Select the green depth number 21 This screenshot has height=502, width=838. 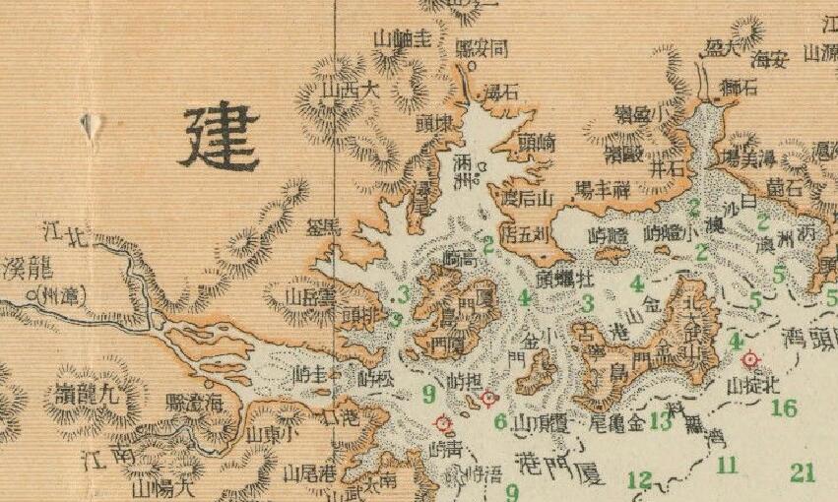[803, 473]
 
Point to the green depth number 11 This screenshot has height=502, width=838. [727, 465]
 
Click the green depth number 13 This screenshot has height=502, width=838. [660, 423]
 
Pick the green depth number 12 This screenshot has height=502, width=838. [639, 480]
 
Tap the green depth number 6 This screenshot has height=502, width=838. [499, 422]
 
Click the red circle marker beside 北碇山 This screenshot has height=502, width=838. [750, 360]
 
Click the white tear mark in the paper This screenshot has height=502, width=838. [93, 125]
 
